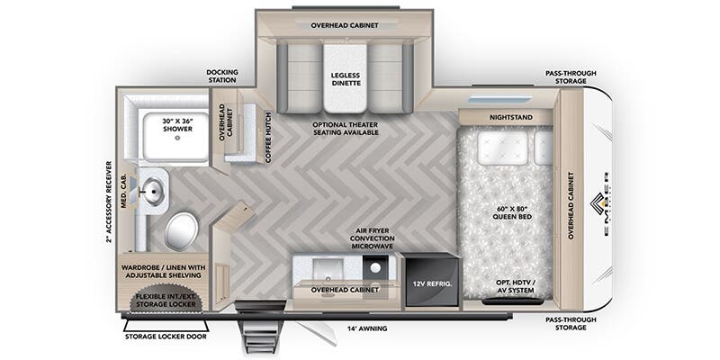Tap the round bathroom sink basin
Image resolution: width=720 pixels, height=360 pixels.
[x=152, y=190]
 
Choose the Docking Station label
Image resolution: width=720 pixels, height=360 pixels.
[x=221, y=76]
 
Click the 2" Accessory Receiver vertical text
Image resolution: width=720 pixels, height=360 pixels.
[x=108, y=202]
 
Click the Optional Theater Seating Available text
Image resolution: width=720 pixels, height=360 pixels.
[x=346, y=128]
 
